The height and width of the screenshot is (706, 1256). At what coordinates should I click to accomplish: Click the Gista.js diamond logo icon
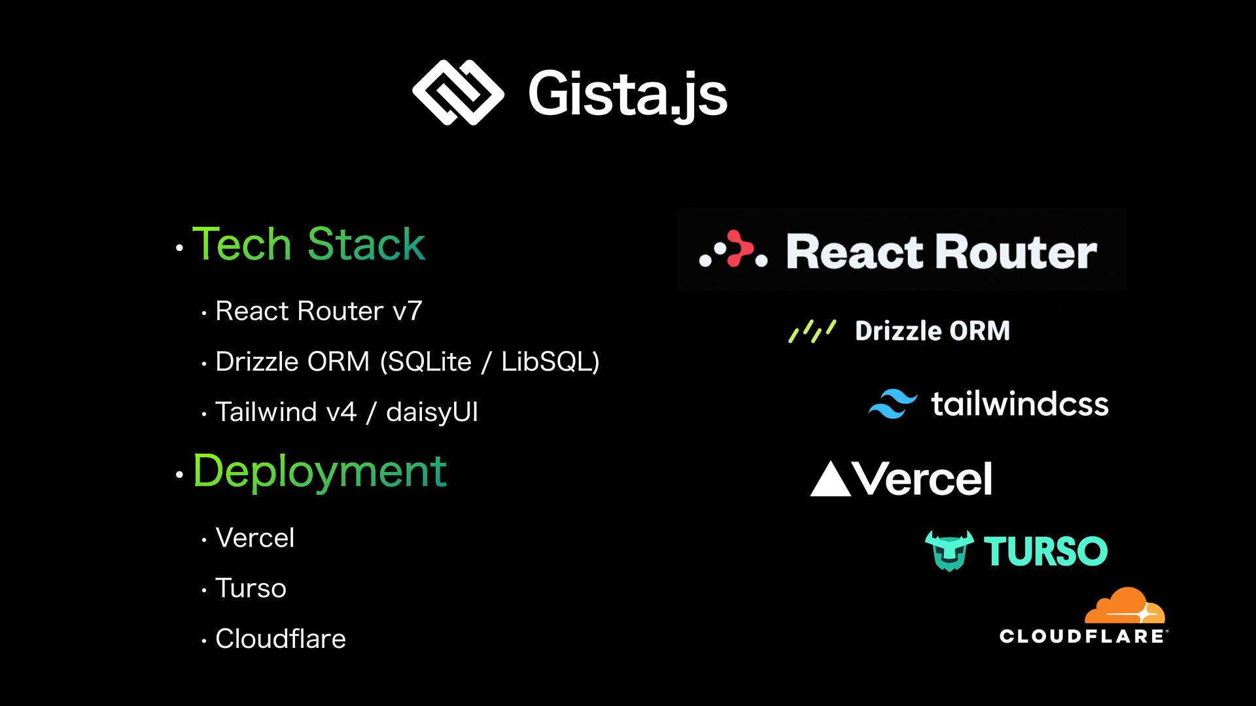pos(458,92)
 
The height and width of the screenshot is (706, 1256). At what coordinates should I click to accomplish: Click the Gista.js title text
pos(627,95)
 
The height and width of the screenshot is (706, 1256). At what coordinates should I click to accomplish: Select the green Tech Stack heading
pos(308,244)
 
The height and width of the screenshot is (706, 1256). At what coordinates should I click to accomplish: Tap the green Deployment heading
pos(319,471)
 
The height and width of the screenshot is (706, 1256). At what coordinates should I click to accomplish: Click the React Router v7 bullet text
pos(319,311)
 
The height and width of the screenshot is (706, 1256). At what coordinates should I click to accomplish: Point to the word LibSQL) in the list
pos(550,361)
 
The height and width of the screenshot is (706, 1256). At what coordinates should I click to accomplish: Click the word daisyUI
pos(432,412)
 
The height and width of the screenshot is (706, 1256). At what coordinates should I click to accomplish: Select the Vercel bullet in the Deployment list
pos(254,538)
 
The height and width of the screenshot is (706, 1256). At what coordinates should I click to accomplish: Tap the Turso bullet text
pos(251,588)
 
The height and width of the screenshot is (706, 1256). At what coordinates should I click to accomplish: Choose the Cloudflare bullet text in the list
pos(280,639)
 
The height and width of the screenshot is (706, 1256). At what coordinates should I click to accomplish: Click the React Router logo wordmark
pos(941,252)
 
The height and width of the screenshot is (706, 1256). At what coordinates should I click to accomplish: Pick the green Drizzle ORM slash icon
pos(812,331)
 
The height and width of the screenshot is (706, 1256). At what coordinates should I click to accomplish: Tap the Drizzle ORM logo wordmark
pos(932,331)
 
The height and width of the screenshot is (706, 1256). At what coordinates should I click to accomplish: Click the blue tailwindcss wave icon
pos(892,403)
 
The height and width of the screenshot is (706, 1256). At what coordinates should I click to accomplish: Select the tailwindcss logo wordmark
pos(1020,404)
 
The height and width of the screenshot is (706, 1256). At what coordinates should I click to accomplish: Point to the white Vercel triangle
pos(830,480)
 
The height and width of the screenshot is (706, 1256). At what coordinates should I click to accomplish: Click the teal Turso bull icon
pos(949,550)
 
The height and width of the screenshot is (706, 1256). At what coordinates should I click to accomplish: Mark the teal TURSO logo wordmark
pos(1045,551)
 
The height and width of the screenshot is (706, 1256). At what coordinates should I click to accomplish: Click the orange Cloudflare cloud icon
pos(1125,606)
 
